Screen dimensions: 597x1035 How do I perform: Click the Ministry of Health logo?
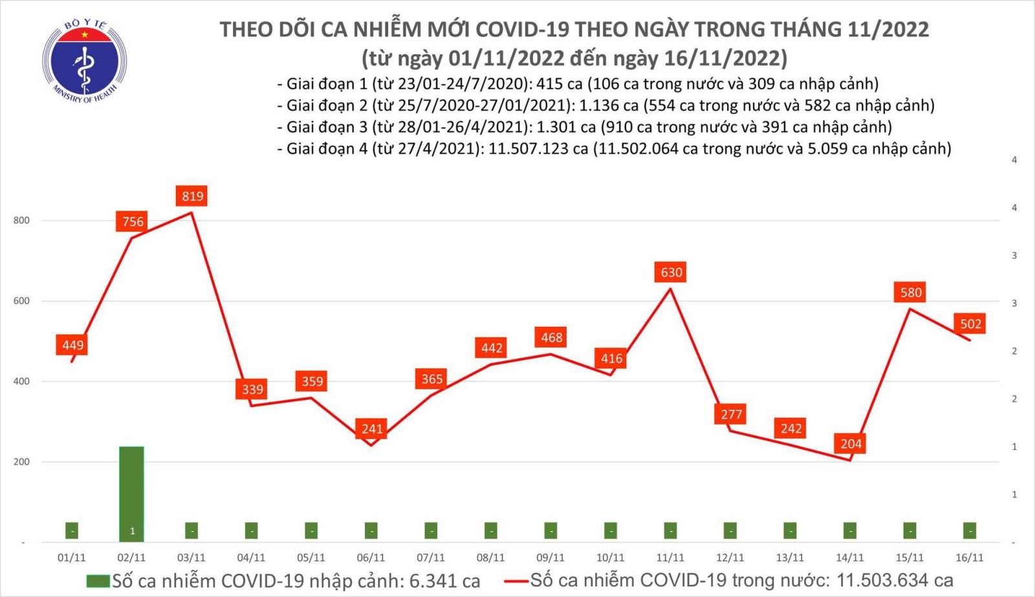click(x=84, y=62)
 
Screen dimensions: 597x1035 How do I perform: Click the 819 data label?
click(x=192, y=196)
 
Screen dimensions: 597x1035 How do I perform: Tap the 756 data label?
click(x=133, y=221)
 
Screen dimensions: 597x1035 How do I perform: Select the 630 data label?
click(x=671, y=273)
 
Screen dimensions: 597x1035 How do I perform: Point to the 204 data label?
click(x=851, y=444)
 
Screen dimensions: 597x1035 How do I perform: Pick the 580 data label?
click(x=911, y=293)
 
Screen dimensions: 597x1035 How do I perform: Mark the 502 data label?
click(x=970, y=324)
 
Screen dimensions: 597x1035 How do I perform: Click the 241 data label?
click(x=372, y=429)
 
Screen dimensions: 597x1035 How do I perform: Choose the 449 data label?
click(x=72, y=345)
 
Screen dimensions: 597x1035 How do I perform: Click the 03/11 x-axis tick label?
click(x=191, y=558)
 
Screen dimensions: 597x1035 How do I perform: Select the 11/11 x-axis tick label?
click(x=670, y=558)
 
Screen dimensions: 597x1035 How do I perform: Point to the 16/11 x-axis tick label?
click(x=970, y=558)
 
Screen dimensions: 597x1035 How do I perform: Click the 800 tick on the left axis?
click(x=21, y=221)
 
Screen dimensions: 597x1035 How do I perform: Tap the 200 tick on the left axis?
click(x=21, y=462)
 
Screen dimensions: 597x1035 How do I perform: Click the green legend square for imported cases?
click(x=98, y=581)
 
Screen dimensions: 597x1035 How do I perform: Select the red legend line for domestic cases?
click(x=517, y=581)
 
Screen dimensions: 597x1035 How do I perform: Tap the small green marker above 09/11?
click(x=550, y=530)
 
